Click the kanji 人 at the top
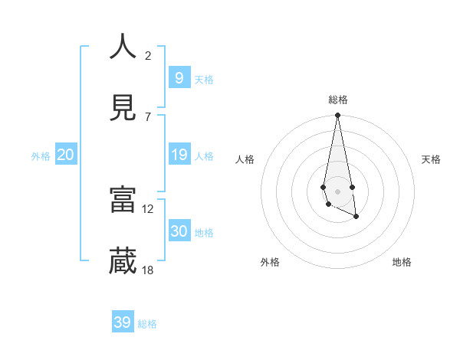123,47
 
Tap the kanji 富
123,200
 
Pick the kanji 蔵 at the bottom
123,261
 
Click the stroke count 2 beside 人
148,55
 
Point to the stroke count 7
148,116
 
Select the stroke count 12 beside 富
148,208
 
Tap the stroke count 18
148,270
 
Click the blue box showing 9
179,77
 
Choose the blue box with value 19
179,155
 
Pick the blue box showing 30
179,231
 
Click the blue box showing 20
66,155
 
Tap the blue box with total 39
123,322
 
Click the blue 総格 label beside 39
148,324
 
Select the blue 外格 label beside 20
41,156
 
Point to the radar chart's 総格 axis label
338,100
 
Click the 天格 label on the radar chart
432,159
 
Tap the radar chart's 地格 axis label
402,262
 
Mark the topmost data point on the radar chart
337,116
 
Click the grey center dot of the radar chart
337,191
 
